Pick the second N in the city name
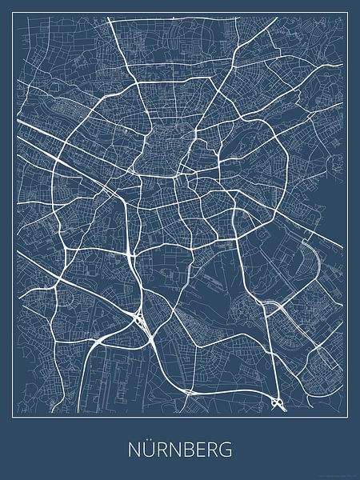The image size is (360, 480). pyautogui.click(x=171, y=446)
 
